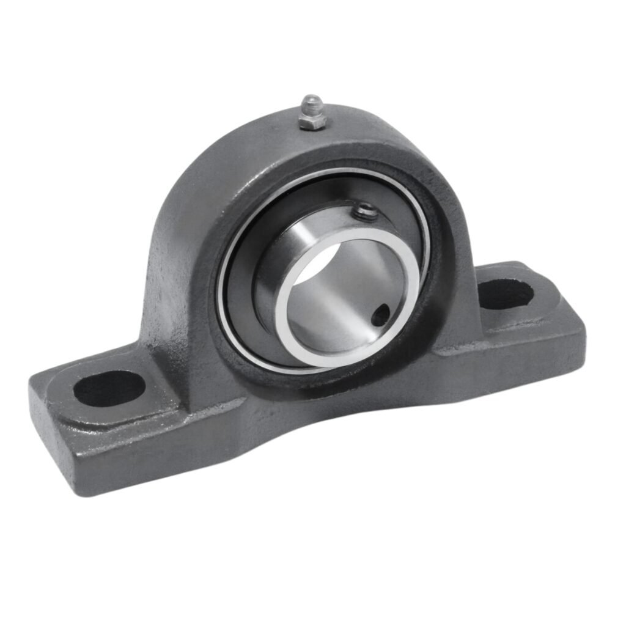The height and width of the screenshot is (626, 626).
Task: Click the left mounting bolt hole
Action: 109,388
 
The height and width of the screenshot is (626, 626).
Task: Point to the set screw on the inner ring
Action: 366,211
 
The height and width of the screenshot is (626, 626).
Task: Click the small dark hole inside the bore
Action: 380,315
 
